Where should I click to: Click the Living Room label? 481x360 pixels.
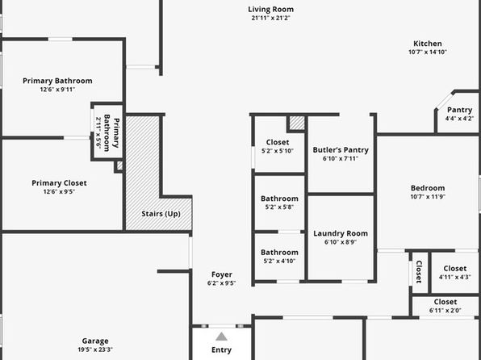click(270, 10)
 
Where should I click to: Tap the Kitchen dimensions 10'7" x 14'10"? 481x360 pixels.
click(427, 52)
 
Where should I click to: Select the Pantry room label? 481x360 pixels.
click(459, 110)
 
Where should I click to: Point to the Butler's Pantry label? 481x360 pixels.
click(341, 150)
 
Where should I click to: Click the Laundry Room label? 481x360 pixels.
click(341, 233)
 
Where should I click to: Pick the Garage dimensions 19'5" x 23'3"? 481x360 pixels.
click(95, 350)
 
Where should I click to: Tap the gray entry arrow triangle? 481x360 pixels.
click(221, 337)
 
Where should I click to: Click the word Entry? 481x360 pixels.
click(221, 350)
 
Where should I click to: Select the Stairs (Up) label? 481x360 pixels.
click(161, 214)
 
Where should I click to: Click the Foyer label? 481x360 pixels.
click(221, 274)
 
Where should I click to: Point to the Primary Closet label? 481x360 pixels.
click(59, 183)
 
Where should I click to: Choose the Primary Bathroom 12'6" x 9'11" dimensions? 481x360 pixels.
click(57, 90)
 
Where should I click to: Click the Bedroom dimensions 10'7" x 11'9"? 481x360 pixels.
click(428, 197)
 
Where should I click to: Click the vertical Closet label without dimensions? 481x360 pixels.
click(419, 272)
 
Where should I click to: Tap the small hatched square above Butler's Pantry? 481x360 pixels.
click(297, 123)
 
